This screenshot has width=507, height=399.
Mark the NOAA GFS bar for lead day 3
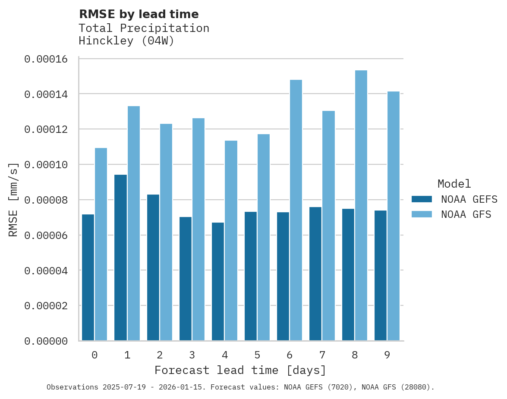coord(198,229)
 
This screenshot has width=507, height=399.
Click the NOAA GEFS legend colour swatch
coord(422,199)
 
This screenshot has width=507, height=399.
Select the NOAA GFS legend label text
coord(466,214)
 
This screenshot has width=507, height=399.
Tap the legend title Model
coord(454,184)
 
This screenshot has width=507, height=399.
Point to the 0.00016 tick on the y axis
coord(46,59)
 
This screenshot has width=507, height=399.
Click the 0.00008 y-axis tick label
coord(46,200)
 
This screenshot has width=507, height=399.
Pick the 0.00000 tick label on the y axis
coord(46,341)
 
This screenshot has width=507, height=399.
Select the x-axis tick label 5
coord(257,355)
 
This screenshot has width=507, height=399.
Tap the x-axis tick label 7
coord(322,355)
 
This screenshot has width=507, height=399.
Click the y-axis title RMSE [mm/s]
coord(13,199)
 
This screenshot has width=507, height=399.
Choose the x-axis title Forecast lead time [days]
coord(240,370)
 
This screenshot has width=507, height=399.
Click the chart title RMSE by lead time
coord(139,14)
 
